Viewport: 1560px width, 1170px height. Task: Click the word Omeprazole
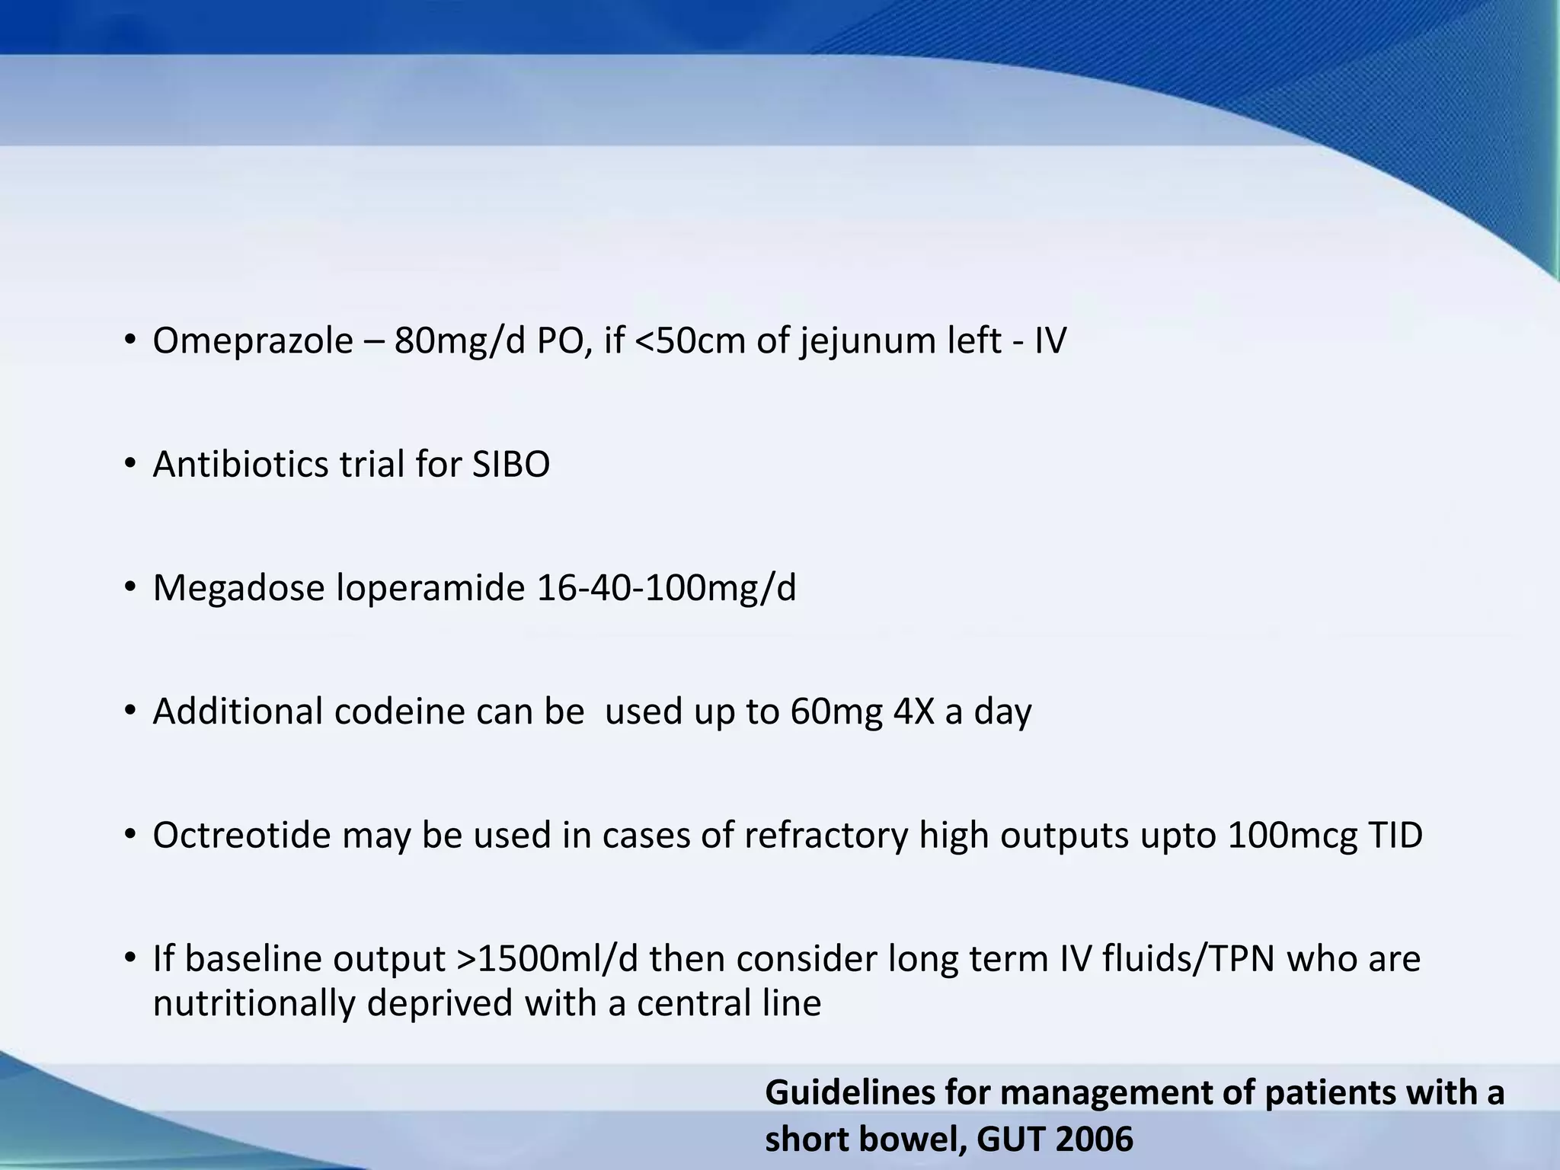(x=253, y=340)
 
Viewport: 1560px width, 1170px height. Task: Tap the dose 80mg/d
(x=459, y=340)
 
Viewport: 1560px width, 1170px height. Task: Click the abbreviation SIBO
(x=510, y=464)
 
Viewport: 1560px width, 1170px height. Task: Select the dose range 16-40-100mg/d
(x=667, y=588)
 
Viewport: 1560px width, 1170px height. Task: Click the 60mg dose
(x=836, y=711)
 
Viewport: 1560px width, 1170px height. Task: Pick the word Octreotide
(x=241, y=835)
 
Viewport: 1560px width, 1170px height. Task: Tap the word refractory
(x=826, y=835)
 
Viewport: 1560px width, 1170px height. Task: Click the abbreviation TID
(x=1395, y=835)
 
